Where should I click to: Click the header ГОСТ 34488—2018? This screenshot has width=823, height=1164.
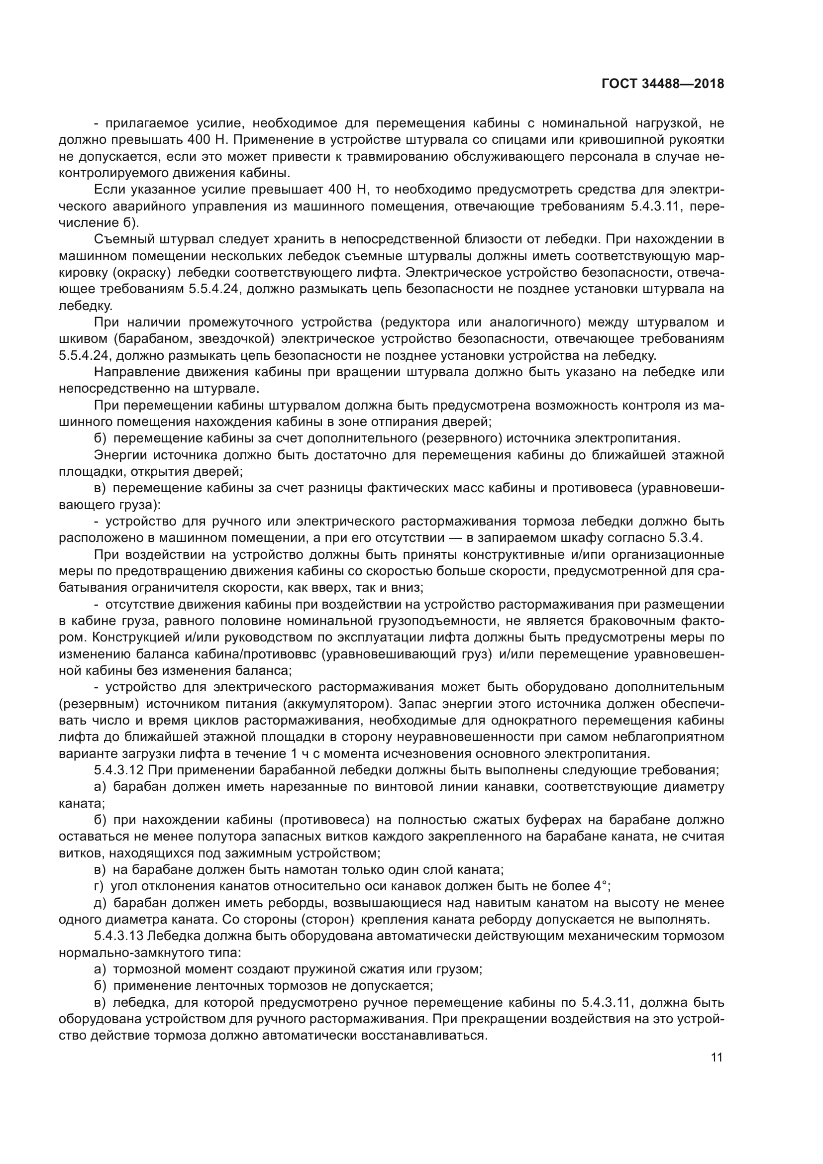click(663, 84)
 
